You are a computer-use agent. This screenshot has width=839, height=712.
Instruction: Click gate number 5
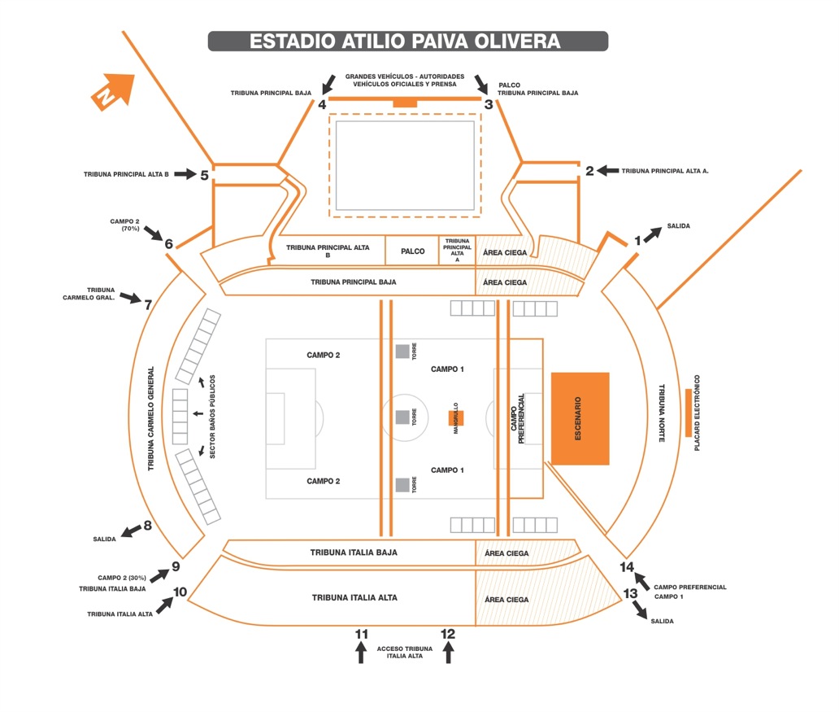click(205, 174)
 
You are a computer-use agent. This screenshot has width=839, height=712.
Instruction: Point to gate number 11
click(362, 634)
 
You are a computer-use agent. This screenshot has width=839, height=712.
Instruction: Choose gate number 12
click(448, 634)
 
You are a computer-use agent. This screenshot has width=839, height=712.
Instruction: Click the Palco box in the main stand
click(413, 251)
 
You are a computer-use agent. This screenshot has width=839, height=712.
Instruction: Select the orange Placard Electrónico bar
click(688, 412)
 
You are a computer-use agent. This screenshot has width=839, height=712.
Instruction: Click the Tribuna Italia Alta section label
click(354, 598)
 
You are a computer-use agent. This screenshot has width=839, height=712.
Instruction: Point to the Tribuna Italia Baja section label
click(354, 553)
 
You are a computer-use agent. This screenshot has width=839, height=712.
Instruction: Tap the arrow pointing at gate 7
click(129, 298)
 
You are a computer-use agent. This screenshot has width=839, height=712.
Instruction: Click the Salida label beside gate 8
click(106, 539)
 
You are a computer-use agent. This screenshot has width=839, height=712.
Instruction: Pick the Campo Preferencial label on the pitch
click(519, 418)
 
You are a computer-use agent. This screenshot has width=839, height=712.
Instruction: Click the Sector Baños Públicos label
click(212, 417)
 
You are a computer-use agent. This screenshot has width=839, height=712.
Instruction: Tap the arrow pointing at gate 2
click(607, 171)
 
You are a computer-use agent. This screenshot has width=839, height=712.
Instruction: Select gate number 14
click(627, 567)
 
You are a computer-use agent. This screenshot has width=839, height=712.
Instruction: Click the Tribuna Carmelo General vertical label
click(151, 418)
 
